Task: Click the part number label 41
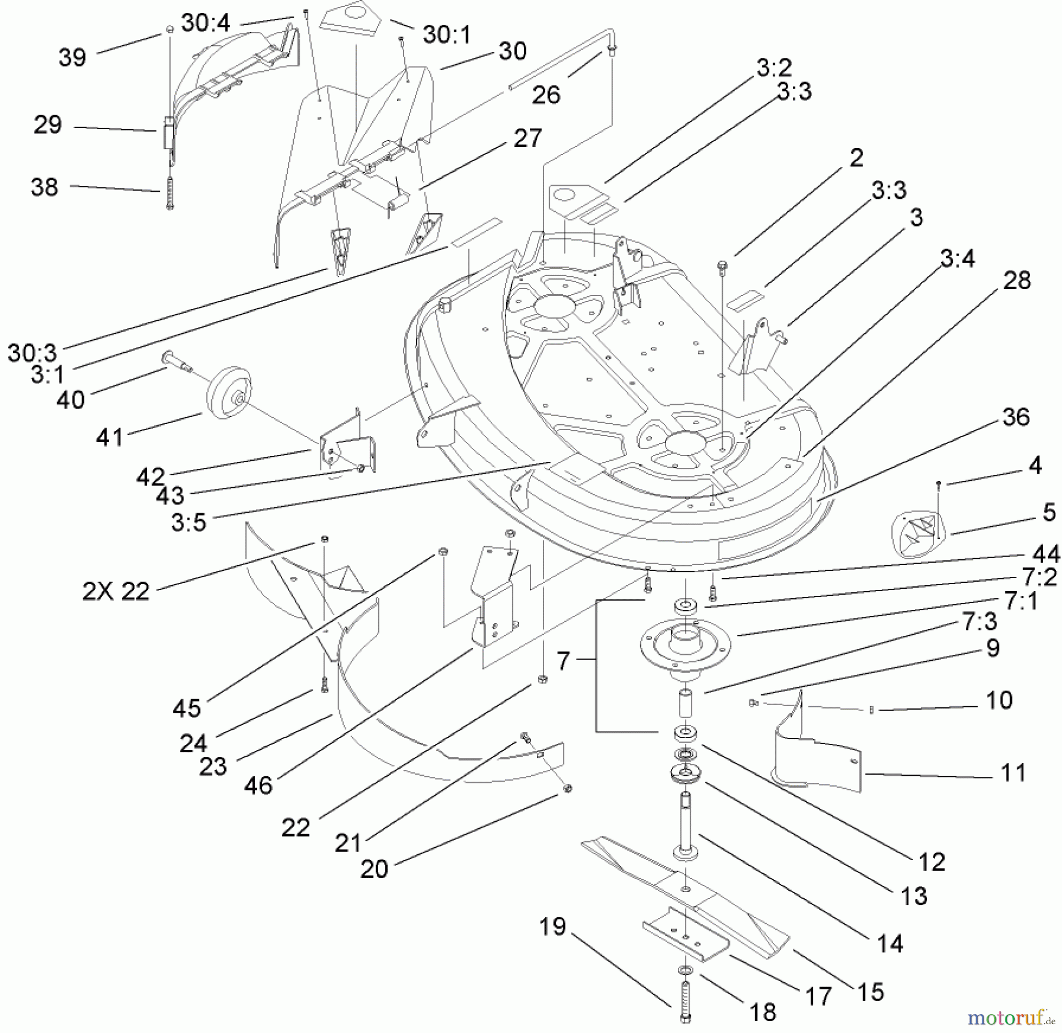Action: point(110,437)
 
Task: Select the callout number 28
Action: point(1017,280)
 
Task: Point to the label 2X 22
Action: point(116,591)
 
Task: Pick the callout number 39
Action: point(72,57)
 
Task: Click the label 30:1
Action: point(447,35)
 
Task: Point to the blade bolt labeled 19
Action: point(686,1000)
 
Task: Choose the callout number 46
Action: point(258,785)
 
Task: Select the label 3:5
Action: point(188,522)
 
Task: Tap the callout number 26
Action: point(546,94)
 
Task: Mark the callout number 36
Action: point(1016,417)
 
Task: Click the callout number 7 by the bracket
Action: point(563,661)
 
